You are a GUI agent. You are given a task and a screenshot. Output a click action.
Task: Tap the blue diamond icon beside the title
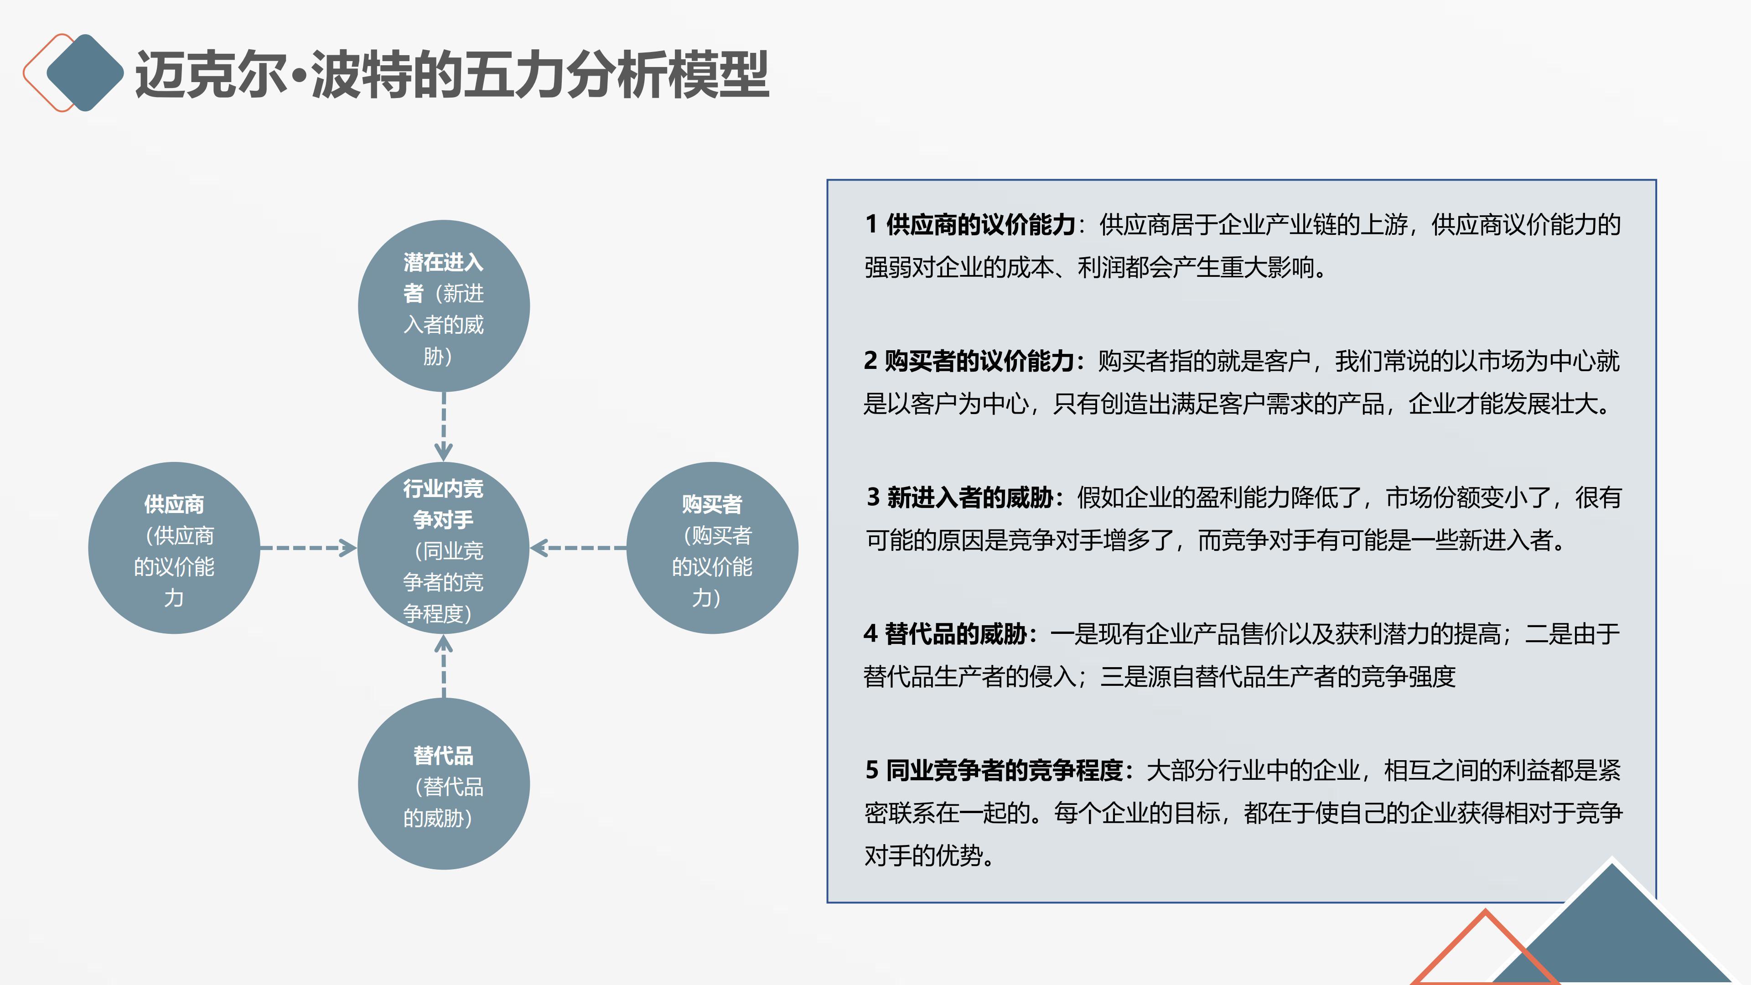coord(85,72)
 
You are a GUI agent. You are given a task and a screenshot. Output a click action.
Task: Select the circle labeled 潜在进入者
coord(444,306)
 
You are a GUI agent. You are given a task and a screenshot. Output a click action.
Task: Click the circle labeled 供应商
coord(174,548)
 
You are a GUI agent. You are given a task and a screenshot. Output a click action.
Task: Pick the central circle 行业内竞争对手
coord(444,548)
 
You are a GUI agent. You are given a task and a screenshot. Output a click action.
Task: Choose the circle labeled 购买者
coord(712,548)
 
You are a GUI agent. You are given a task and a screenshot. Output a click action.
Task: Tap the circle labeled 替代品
coord(444,784)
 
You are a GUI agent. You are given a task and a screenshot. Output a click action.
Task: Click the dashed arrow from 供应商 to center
coord(308,548)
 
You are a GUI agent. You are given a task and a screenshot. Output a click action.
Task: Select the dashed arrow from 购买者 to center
coord(579,548)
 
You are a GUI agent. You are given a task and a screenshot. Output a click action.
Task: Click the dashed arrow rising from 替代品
coord(444,666)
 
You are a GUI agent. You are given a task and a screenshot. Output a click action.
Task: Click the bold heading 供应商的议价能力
coord(980,225)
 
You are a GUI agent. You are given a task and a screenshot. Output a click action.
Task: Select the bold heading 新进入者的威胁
coord(970,498)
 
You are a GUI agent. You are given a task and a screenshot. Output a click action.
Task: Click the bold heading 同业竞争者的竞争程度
coord(1005,770)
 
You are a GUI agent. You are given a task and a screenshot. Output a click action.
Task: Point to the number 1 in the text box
coord(871,225)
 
